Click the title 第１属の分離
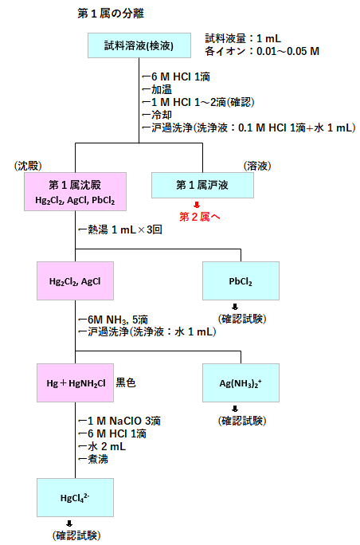112,14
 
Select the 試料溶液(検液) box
139,45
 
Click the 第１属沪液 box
202,186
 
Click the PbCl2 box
240,281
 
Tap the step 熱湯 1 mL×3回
121,229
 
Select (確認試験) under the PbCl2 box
240,319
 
